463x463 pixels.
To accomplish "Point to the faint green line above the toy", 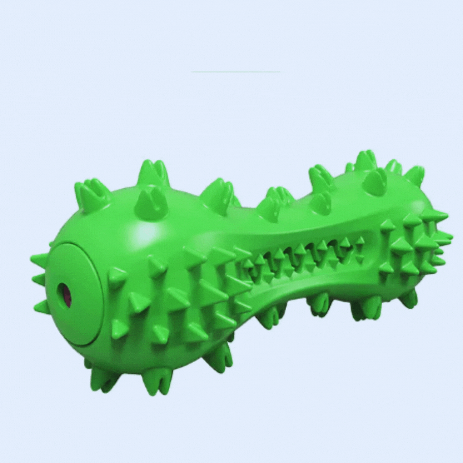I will (x=236, y=72).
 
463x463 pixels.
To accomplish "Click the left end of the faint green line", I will (x=192, y=72).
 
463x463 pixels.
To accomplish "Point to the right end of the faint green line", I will (x=280, y=72).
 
